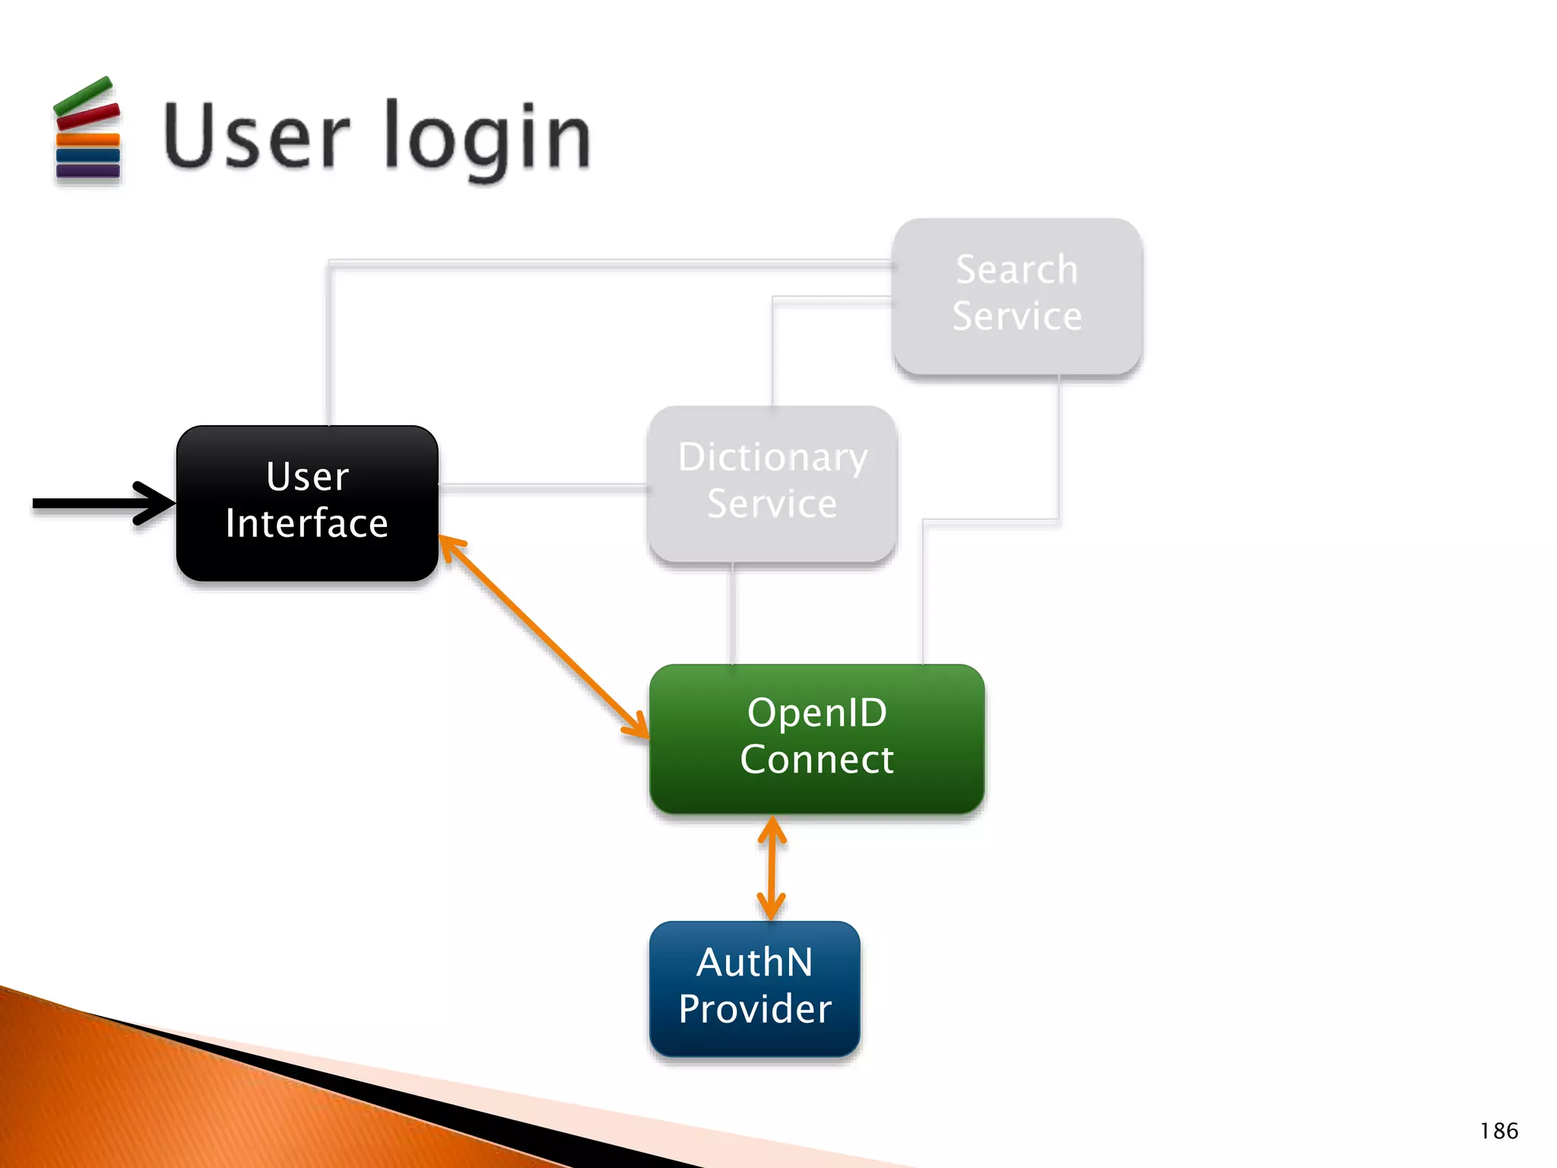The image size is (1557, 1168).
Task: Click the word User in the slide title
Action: (255, 135)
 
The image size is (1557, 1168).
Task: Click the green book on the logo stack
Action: (84, 95)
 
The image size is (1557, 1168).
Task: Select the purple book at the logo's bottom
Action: (88, 171)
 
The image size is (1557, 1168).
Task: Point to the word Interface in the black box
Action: (307, 524)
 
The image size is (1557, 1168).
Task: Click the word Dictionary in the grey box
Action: (772, 457)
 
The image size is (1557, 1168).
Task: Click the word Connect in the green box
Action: (817, 760)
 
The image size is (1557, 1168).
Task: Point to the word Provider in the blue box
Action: (754, 1009)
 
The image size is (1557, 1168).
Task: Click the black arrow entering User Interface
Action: (99, 503)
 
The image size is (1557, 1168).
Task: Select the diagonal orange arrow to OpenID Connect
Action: (544, 636)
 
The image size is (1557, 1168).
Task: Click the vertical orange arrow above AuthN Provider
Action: (772, 868)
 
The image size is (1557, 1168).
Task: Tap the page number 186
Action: (1498, 1131)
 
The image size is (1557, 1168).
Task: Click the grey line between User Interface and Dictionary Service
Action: (543, 485)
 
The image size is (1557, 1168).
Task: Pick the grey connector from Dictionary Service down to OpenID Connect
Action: (732, 613)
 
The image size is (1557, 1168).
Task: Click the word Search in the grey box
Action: (1017, 269)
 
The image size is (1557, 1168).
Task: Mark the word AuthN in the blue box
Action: (754, 963)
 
